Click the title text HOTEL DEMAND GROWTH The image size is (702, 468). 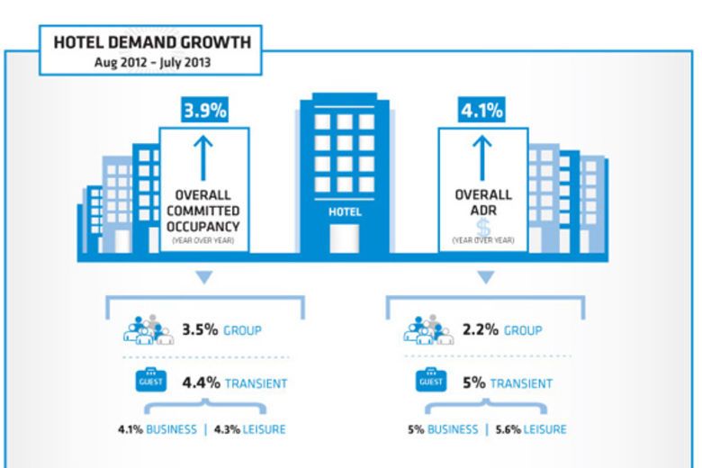click(x=151, y=41)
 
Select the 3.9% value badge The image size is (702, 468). click(x=205, y=112)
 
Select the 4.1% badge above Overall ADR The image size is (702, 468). click(x=483, y=112)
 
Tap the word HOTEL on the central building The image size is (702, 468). click(x=345, y=211)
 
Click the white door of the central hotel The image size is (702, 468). click(x=345, y=238)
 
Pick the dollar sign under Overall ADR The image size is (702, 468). click(x=482, y=227)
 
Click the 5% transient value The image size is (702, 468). click(x=474, y=383)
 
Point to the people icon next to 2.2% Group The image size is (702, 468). click(x=427, y=330)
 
